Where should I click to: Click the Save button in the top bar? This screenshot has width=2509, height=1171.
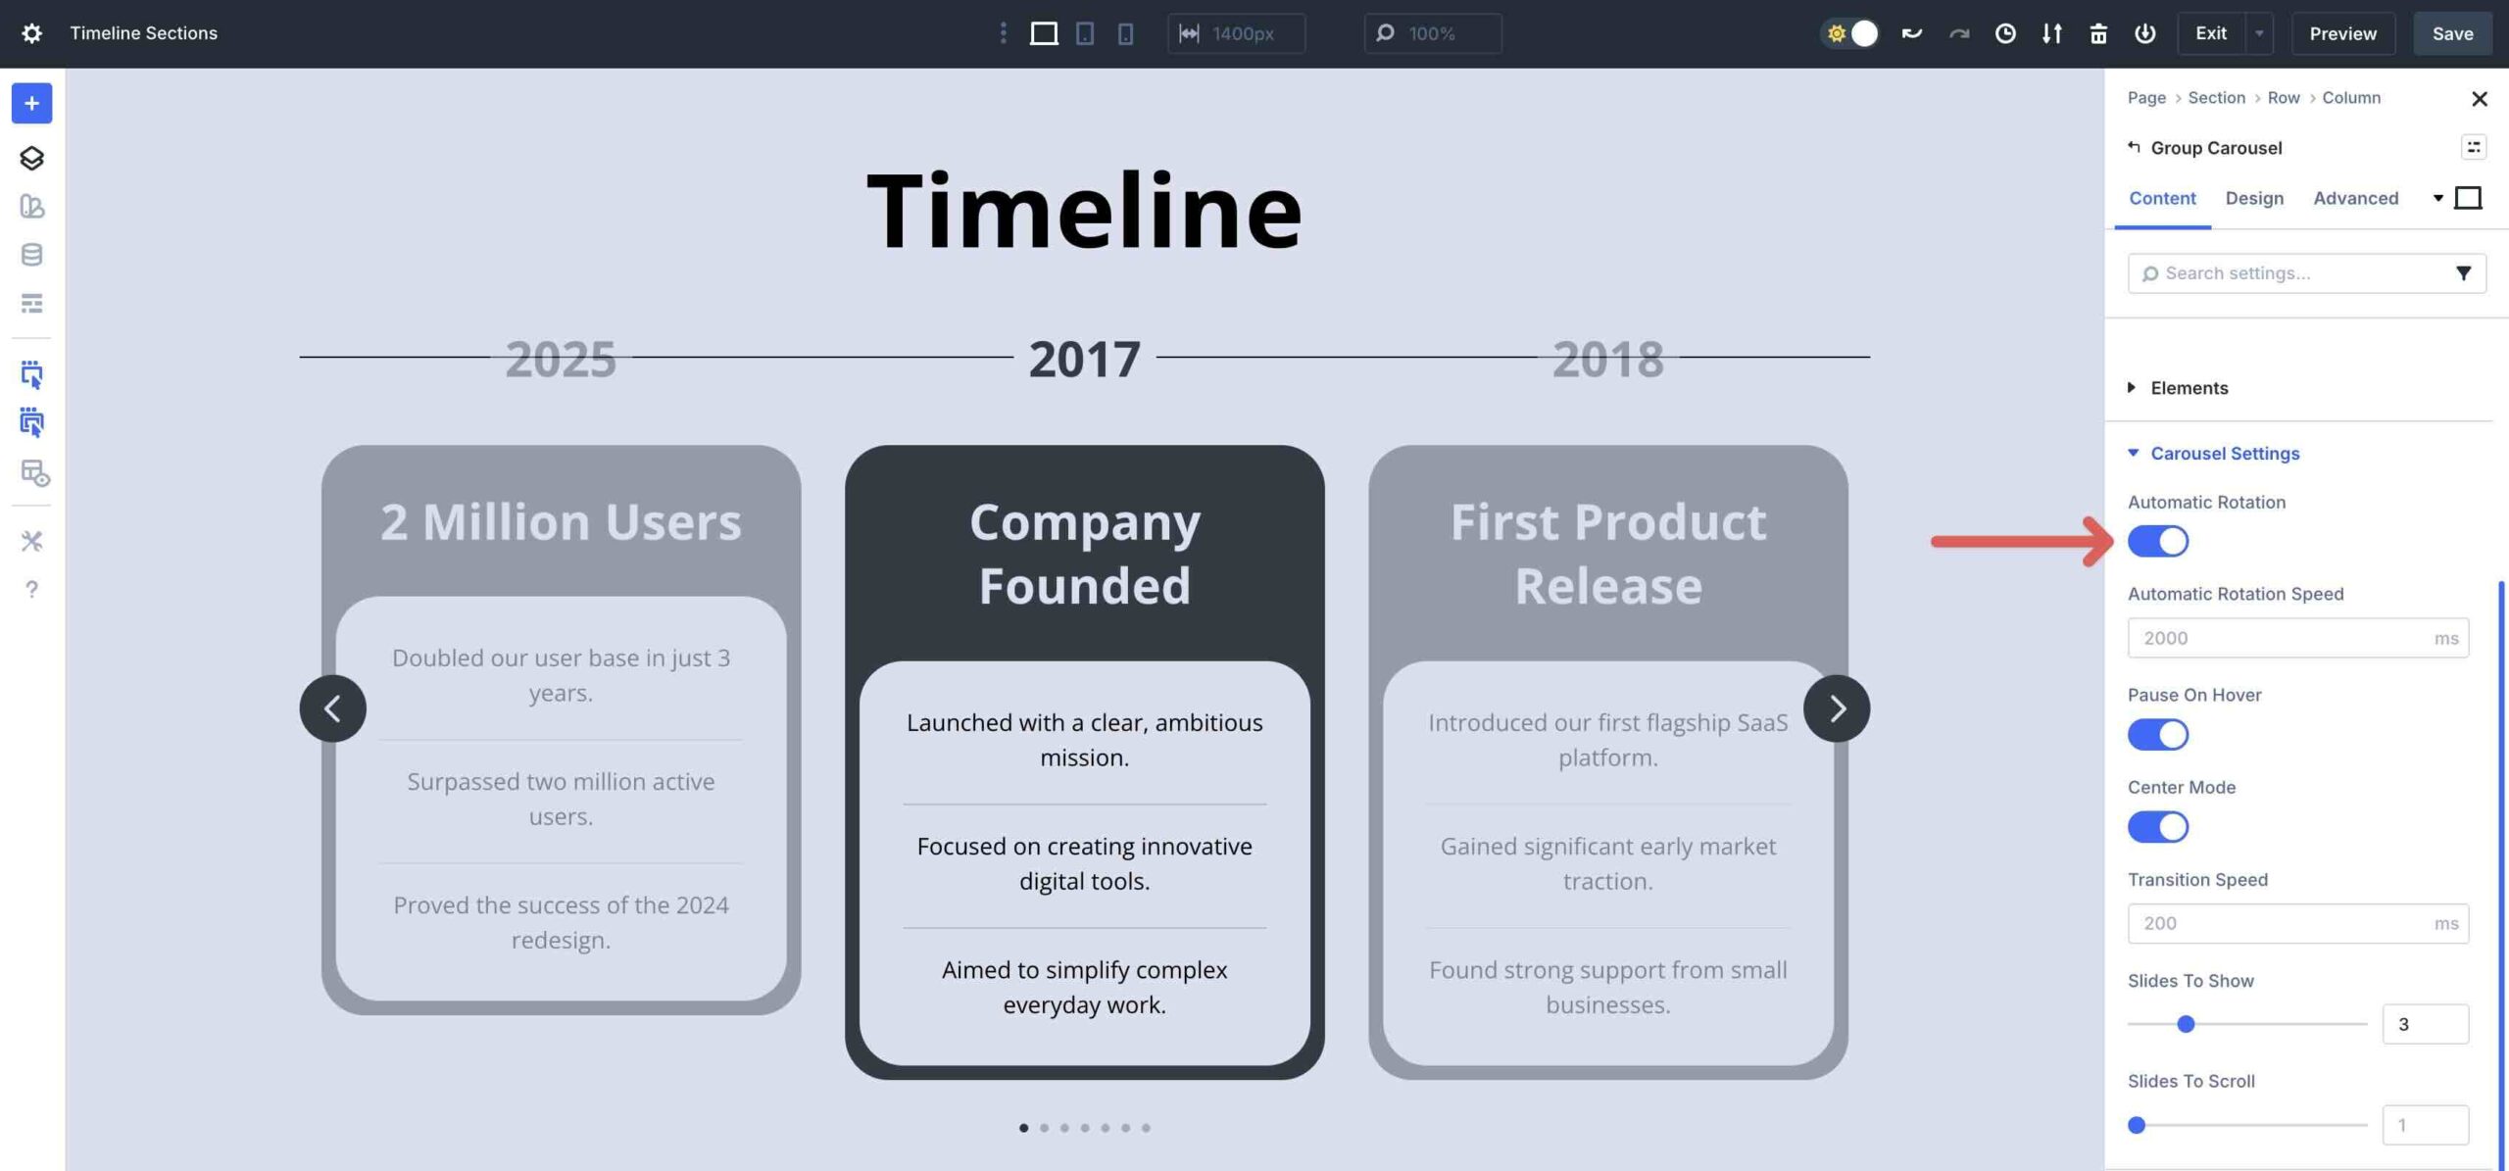tap(2452, 33)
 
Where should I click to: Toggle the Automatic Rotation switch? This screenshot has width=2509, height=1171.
tap(2157, 541)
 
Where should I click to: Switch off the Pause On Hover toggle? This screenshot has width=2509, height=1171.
tap(2157, 735)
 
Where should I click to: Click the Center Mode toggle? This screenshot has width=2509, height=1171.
tap(2157, 827)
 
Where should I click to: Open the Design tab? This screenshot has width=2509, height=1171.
tap(2254, 198)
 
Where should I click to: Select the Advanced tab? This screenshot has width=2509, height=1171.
tap(2356, 198)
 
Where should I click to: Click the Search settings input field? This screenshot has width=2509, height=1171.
tap(2293, 273)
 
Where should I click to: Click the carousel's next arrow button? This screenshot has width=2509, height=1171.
tap(1837, 708)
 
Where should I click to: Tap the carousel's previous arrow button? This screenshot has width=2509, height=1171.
tap(333, 708)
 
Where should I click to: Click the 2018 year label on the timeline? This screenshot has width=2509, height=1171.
tap(1608, 359)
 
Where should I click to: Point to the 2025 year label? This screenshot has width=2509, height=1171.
tap(561, 359)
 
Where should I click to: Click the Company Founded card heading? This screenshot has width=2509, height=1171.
tap(1085, 554)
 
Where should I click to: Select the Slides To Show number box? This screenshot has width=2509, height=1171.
tap(2425, 1024)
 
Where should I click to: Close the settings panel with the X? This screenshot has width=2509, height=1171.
tap(2479, 99)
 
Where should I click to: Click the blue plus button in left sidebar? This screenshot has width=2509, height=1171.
tap(31, 104)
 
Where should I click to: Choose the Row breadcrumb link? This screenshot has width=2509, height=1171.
tap(2284, 98)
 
